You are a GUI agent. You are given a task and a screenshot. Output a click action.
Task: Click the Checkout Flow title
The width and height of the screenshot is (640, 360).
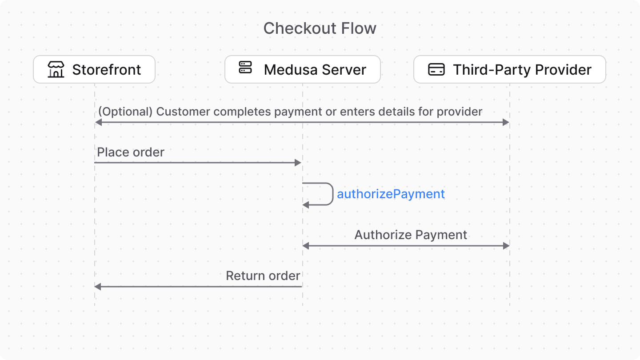tap(320, 28)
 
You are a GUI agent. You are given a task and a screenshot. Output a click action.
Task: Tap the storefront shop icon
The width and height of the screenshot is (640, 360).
tap(56, 69)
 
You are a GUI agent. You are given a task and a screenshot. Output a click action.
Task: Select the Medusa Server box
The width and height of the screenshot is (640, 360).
tap(302, 69)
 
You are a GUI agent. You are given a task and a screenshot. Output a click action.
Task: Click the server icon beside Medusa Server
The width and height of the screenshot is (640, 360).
tap(245, 68)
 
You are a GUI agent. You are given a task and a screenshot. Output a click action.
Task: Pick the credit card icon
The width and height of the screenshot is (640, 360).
tap(436, 69)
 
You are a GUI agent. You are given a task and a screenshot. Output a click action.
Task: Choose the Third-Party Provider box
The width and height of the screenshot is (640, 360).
tap(509, 69)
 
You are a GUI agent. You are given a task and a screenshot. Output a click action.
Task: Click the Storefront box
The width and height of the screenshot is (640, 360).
tap(94, 69)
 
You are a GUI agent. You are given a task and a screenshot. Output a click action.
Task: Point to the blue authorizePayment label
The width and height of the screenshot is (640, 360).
tap(391, 194)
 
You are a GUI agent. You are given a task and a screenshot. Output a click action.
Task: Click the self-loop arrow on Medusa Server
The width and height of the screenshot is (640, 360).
tap(332, 194)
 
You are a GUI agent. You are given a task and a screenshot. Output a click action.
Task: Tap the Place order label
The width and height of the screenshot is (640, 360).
tap(131, 152)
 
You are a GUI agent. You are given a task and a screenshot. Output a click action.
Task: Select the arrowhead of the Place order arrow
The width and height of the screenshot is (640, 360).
tap(299, 163)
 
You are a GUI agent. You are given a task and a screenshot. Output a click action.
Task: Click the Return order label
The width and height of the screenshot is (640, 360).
tap(263, 276)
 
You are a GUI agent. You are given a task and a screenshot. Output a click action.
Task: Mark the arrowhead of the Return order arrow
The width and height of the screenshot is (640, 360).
tap(98, 287)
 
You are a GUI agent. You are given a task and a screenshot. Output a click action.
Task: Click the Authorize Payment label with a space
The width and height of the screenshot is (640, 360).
tap(411, 235)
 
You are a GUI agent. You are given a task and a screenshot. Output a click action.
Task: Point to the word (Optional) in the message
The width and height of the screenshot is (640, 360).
tap(125, 112)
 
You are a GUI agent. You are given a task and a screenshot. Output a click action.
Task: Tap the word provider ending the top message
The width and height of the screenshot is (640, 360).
tap(460, 112)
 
